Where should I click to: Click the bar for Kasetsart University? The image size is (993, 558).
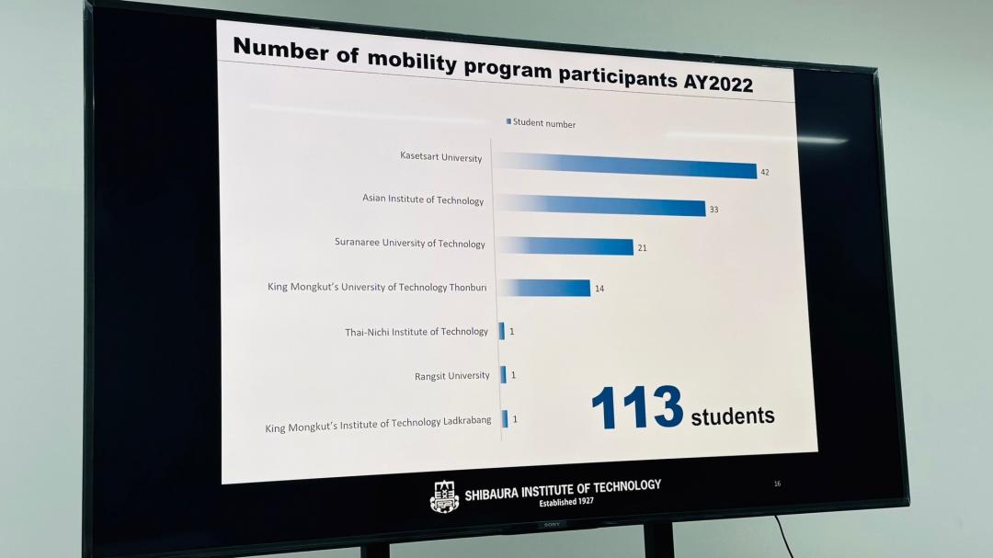click(626, 165)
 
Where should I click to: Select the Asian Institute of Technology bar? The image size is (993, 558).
click(601, 205)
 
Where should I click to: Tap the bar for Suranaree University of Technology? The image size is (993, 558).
click(565, 246)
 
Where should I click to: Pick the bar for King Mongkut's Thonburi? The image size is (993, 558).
click(544, 287)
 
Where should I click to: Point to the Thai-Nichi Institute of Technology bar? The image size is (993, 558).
click(502, 330)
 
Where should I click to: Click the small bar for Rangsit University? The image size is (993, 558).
click(503, 374)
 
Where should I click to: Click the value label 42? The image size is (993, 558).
click(765, 172)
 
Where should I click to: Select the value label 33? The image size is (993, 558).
click(713, 210)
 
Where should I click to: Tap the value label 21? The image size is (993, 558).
click(642, 248)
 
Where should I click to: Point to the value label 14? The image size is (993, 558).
click(599, 289)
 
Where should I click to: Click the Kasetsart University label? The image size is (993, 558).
click(440, 157)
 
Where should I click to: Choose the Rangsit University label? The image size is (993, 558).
click(451, 375)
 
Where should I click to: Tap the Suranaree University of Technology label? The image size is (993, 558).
click(409, 243)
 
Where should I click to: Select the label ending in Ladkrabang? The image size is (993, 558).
click(378, 425)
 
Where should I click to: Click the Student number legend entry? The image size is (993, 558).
click(542, 123)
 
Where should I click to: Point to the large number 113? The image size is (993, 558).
click(637, 408)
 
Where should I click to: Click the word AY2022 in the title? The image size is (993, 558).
click(718, 84)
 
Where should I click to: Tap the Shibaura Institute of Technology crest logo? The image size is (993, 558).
click(444, 496)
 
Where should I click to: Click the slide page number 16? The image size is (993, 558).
click(777, 484)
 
